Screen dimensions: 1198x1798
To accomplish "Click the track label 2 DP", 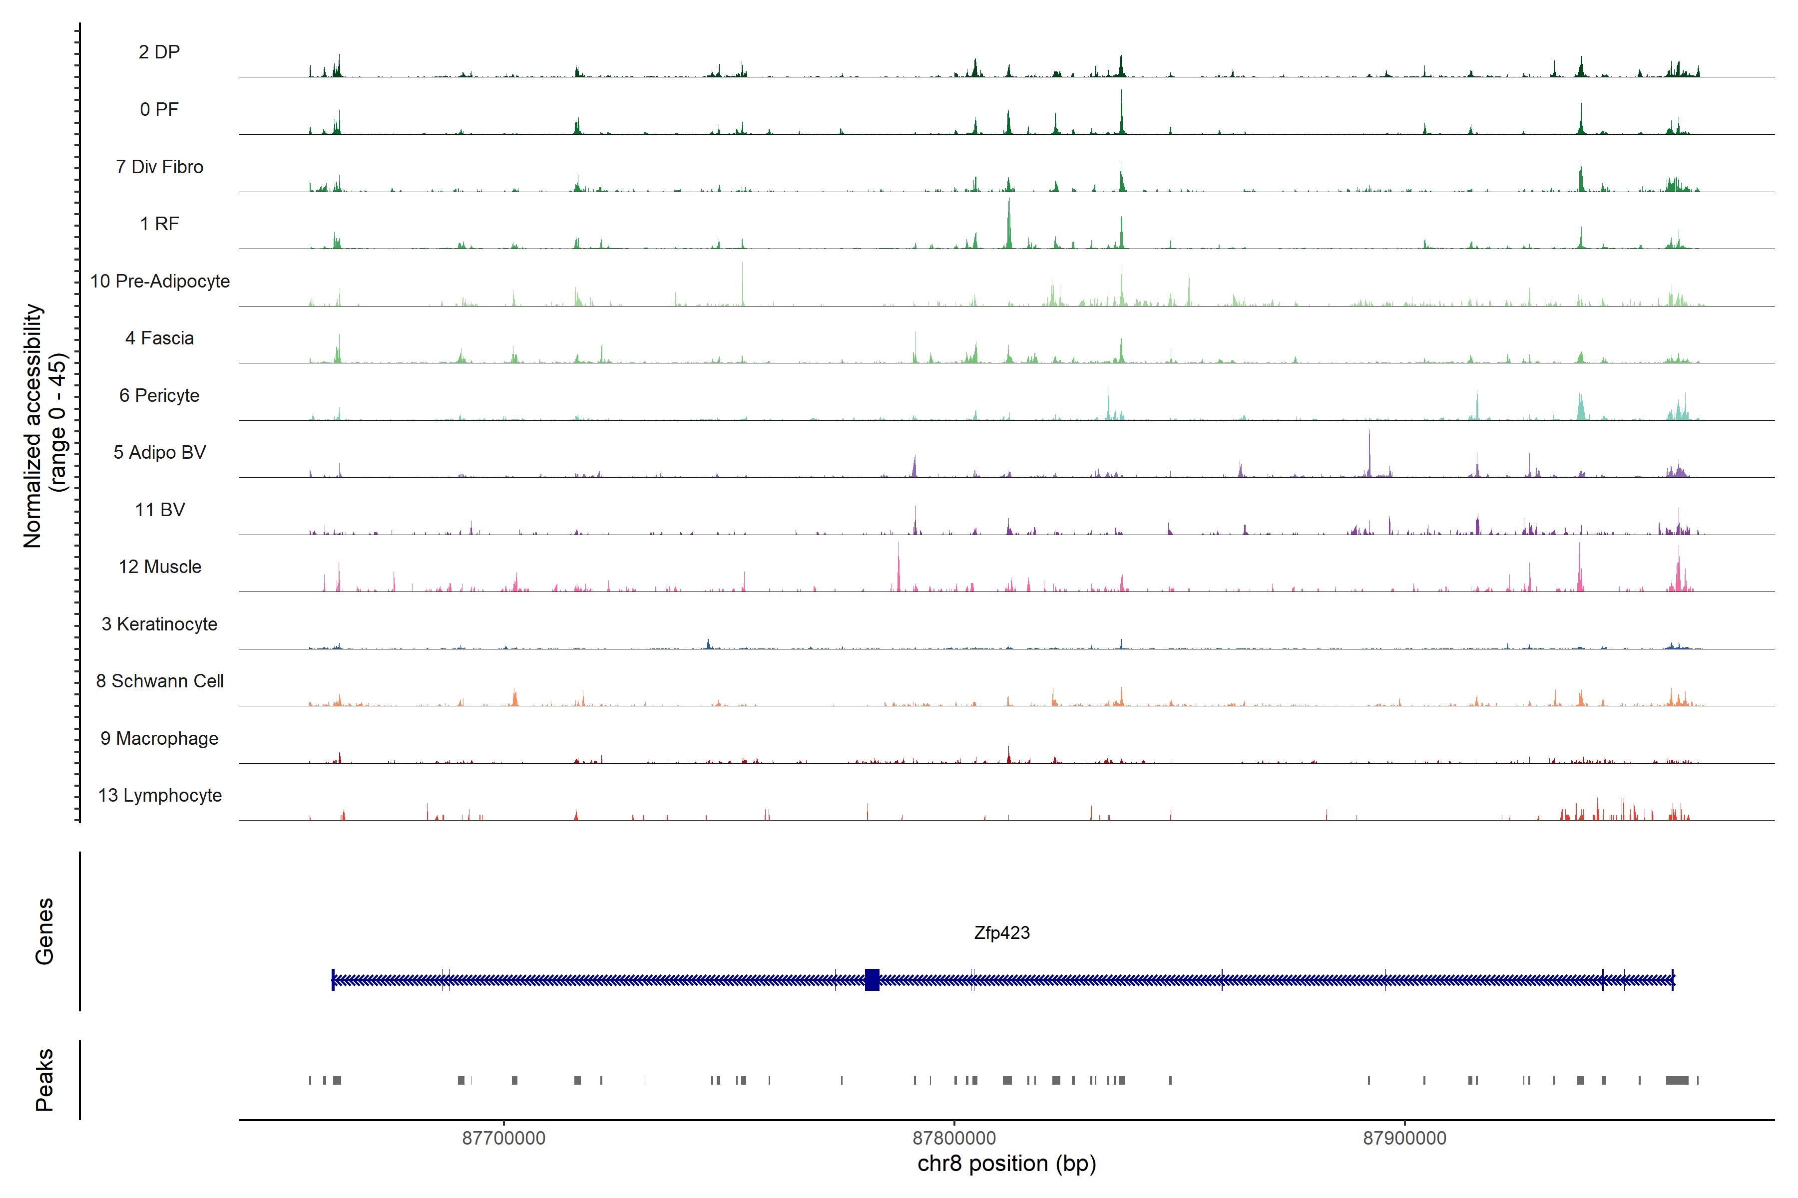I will tap(159, 52).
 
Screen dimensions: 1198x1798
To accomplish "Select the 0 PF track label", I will tap(159, 109).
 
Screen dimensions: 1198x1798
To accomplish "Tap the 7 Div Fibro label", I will tap(159, 167).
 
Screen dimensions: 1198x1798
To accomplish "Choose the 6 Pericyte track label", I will tap(159, 395).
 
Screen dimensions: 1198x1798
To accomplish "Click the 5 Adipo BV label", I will tap(159, 452).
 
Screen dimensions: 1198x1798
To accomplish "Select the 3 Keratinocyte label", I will tap(159, 624).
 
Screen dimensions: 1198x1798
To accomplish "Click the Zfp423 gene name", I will tap(1001, 933).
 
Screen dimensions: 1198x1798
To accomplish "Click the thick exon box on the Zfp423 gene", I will tap(872, 979).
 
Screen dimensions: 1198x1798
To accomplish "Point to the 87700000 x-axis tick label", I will tap(504, 1139).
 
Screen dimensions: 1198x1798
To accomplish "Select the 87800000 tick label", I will tap(954, 1139).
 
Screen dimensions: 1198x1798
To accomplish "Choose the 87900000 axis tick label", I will tap(1404, 1139).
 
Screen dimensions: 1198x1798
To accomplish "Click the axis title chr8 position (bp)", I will tap(1006, 1164).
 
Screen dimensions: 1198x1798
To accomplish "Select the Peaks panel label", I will tap(44, 1080).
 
